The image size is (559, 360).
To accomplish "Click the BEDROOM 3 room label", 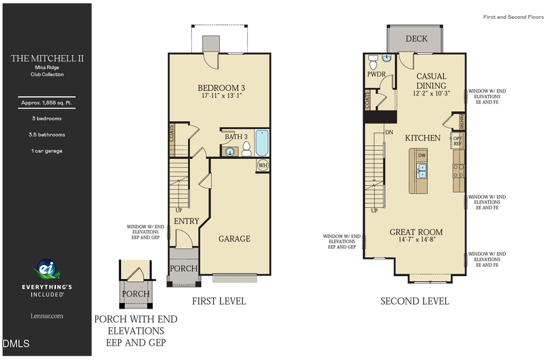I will coord(219,87).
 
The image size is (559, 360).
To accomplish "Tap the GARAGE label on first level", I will coord(234,238).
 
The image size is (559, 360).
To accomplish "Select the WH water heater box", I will coord(262,165).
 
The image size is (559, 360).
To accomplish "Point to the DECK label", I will coord(416,38).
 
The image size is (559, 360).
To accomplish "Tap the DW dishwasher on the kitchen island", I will coord(422,155).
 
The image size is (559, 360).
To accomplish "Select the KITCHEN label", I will coord(422,138).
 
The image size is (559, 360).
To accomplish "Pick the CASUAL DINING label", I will coord(431,81).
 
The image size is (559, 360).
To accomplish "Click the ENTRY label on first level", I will coord(186,221).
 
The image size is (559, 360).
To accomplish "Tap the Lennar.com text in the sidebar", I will coord(47,316).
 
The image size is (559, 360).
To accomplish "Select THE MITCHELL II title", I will coord(47,58).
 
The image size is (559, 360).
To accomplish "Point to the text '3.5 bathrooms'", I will coord(47,134).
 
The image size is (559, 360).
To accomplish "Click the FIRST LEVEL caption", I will coord(218,302).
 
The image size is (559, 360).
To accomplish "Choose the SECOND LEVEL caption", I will coord(414,302).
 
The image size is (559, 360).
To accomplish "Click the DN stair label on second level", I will coord(389,132).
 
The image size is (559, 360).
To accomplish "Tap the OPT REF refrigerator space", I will coord(458,140).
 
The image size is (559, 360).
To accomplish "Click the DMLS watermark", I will coord(15,343).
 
